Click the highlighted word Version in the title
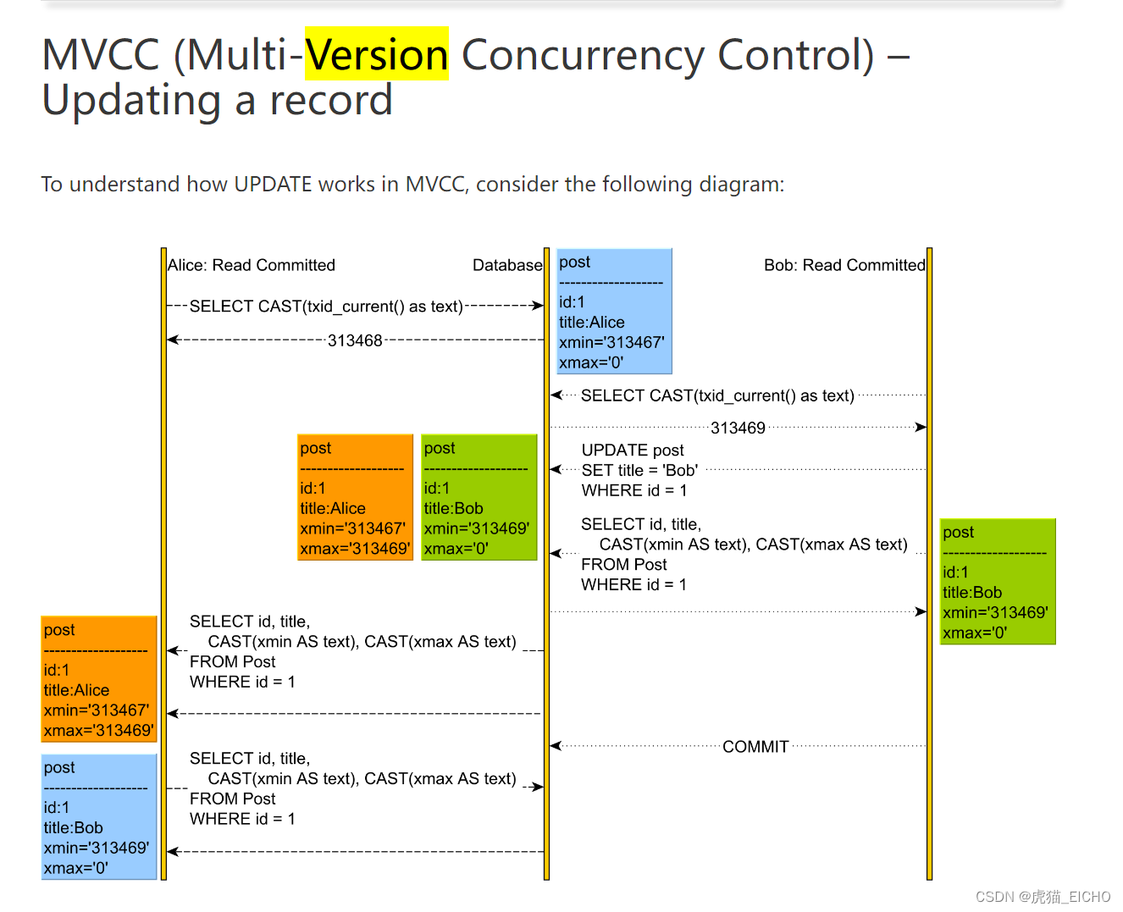376,55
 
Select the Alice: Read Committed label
252,265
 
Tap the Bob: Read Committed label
844,265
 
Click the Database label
506,265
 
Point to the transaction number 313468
355,340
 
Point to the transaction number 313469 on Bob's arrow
738,428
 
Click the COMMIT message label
755,746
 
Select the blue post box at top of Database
614,311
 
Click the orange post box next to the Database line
355,497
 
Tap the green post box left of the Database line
479,497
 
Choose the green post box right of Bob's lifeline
998,582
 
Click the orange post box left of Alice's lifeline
99,679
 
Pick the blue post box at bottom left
99,817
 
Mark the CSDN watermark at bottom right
1042,897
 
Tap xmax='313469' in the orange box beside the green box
355,549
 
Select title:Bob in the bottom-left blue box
74,827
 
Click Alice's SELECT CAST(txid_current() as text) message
326,306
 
